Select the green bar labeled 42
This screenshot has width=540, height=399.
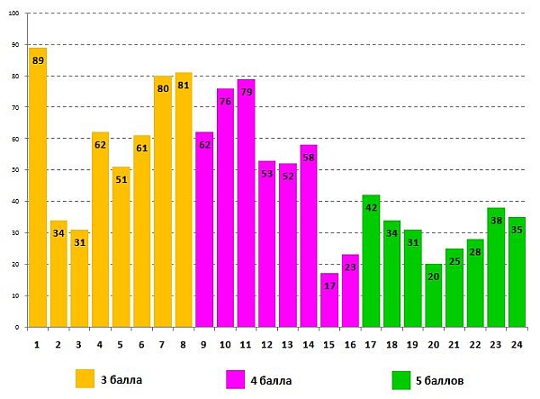[x=371, y=261]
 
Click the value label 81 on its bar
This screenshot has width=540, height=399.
[x=184, y=86]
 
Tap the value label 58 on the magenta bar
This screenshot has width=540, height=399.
[x=309, y=158]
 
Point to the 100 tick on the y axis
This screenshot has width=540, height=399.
[x=15, y=14]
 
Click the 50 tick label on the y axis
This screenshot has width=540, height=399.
[x=15, y=170]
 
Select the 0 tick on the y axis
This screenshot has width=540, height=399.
[x=17, y=327]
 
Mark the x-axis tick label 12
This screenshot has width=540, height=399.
[x=266, y=344]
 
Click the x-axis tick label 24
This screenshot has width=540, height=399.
[x=517, y=344]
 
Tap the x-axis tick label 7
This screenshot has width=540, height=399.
[x=163, y=344]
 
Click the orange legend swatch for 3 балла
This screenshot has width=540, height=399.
[x=85, y=378]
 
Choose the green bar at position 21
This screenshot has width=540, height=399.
[x=454, y=288]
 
